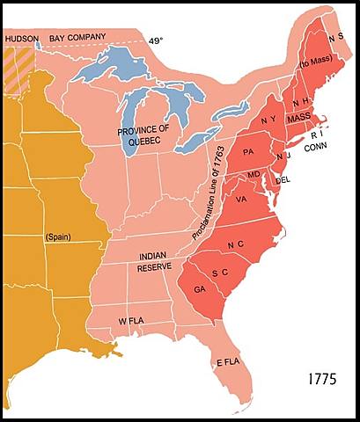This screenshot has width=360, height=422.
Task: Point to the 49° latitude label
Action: [155, 40]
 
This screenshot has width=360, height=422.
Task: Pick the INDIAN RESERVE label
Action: [153, 261]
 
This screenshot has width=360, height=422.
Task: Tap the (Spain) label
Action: [59, 238]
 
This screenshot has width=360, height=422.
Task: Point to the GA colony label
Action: [200, 288]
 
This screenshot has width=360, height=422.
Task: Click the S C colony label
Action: [220, 273]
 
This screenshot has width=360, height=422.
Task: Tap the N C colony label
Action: [236, 244]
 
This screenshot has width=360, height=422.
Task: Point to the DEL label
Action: [283, 180]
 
